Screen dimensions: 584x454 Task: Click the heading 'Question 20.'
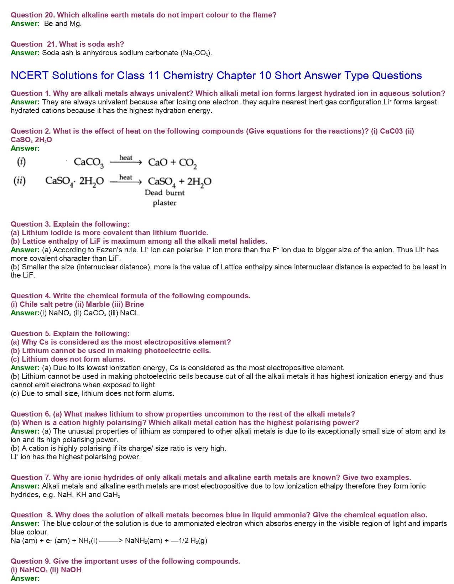click(33, 15)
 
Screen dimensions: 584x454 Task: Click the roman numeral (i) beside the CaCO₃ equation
click(21, 162)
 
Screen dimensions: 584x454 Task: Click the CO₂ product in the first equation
click(188, 163)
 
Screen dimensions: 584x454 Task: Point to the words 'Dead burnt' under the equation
click(165, 193)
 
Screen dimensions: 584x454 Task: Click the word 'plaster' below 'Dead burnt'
click(165, 203)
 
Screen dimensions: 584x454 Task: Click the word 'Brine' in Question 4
click(135, 304)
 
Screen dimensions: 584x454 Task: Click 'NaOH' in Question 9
click(71, 570)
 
